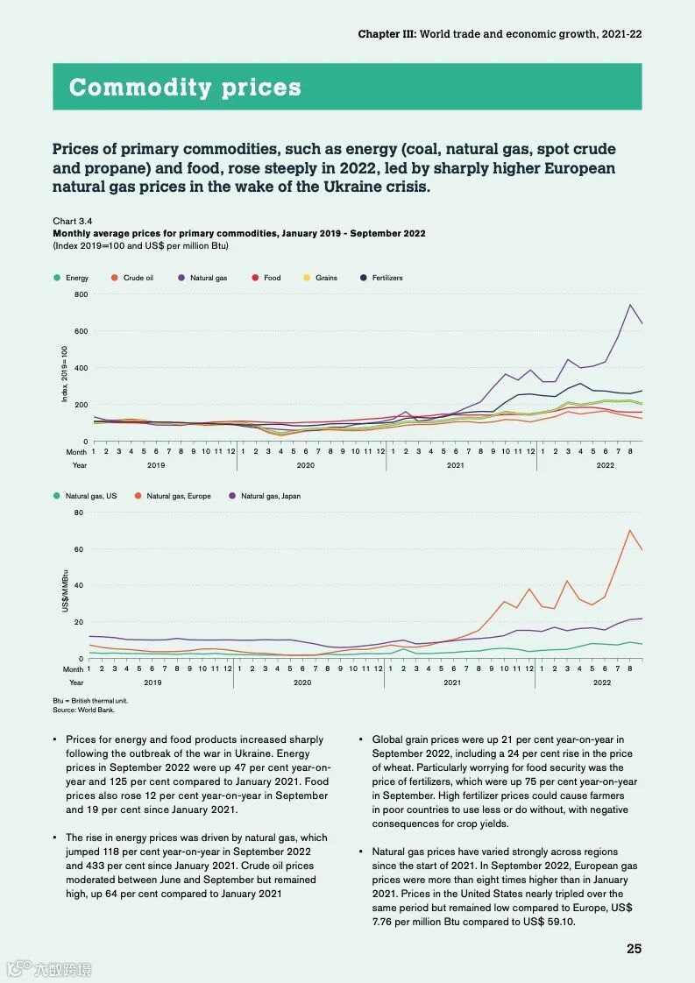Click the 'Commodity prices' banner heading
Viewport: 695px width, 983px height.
point(185,88)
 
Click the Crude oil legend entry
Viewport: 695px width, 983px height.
point(138,278)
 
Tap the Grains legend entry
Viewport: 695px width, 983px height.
point(326,278)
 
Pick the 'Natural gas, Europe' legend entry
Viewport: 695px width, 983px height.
point(178,496)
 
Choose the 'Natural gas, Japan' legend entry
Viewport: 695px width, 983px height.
point(270,496)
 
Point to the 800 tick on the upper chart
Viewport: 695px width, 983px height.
point(81,294)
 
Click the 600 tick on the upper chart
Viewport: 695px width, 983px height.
point(81,331)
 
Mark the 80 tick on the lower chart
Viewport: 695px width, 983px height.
point(78,513)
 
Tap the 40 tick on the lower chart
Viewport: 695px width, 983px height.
point(78,585)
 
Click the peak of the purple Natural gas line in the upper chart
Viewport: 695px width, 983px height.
point(629,305)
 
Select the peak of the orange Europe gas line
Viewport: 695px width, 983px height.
point(629,530)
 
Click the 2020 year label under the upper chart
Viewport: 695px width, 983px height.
point(306,465)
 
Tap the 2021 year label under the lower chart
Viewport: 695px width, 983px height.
point(451,682)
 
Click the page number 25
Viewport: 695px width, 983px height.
point(634,948)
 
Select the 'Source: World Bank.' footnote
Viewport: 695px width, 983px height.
point(78,710)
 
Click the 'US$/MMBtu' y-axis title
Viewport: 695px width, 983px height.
point(66,592)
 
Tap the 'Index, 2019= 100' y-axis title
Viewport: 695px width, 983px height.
point(65,374)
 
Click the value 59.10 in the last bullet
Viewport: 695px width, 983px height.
point(558,922)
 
